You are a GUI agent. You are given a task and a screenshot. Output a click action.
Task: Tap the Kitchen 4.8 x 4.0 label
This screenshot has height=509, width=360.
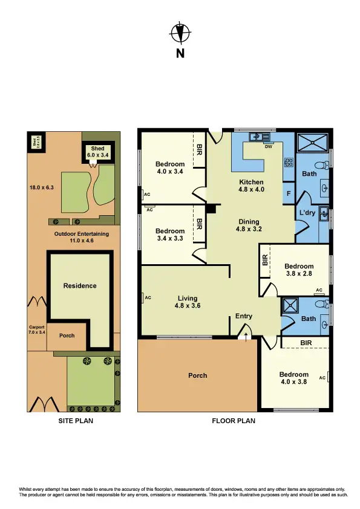251,186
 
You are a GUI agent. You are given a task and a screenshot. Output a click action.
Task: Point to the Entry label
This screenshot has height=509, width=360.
244,316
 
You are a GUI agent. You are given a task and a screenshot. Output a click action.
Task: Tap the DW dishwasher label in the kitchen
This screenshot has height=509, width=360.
267,147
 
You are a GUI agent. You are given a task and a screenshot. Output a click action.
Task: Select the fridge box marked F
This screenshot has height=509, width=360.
290,194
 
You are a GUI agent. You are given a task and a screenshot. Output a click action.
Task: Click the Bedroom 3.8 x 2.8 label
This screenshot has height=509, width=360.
299,270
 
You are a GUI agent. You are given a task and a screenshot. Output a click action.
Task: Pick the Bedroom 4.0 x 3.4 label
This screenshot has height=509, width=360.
170,167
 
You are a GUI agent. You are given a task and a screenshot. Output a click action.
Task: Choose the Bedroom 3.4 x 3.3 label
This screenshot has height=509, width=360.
170,235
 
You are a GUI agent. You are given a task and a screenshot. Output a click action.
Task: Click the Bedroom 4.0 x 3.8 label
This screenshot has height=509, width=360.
294,378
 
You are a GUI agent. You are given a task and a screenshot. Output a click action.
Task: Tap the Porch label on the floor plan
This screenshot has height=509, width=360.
197,375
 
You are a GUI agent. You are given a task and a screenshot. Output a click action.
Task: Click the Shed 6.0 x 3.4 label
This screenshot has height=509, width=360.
98,152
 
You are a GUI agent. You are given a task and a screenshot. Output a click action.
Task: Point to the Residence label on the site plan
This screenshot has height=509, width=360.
80,286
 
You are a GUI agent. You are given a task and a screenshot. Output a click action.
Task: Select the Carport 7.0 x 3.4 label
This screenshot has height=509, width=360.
36,329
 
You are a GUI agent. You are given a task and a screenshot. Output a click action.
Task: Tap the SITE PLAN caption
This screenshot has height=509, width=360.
75,420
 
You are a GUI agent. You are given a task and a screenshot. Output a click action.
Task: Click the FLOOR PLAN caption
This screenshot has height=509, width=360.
234,420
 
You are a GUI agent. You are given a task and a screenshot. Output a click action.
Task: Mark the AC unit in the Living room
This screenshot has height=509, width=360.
147,297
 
